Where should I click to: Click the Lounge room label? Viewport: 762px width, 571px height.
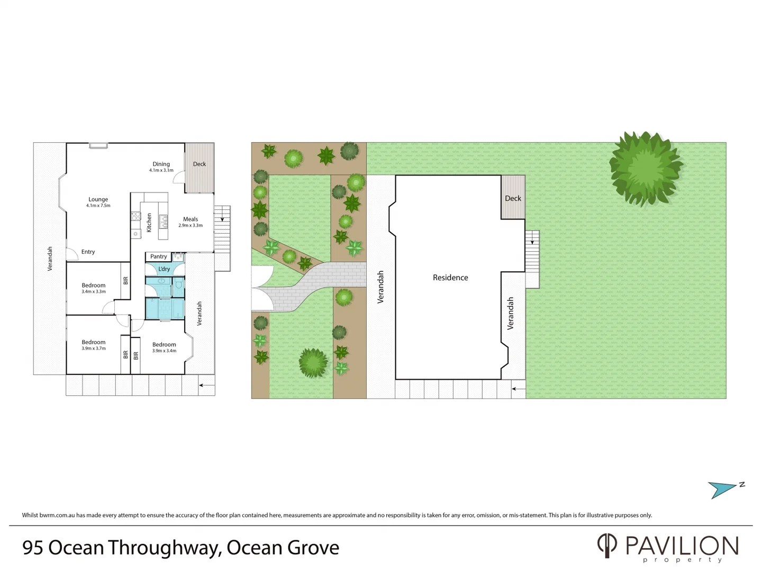pos(98,200)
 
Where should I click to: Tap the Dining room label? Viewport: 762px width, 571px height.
pos(161,164)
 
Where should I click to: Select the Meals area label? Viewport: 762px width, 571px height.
pos(190,219)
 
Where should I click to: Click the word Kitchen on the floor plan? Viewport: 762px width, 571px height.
pos(149,223)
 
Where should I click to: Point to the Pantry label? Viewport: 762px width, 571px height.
pos(158,256)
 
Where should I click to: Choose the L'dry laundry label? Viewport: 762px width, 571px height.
pos(164,269)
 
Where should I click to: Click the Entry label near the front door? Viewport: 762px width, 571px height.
pos(88,252)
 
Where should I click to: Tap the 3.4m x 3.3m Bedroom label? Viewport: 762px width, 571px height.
pos(94,285)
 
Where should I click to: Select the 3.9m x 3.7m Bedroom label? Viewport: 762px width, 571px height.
pos(94,343)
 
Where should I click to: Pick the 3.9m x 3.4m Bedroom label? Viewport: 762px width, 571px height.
pos(164,345)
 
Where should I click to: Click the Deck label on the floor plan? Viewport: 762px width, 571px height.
pos(199,164)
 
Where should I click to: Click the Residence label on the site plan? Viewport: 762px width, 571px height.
pos(450,278)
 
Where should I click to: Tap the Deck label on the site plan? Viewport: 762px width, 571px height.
pos(513,198)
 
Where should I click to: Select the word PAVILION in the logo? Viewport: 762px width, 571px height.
pos(682,546)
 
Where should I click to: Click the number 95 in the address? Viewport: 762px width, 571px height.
pos(33,548)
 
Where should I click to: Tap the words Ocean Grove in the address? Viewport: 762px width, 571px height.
pos(283,548)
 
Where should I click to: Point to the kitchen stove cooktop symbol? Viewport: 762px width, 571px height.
pos(136,216)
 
